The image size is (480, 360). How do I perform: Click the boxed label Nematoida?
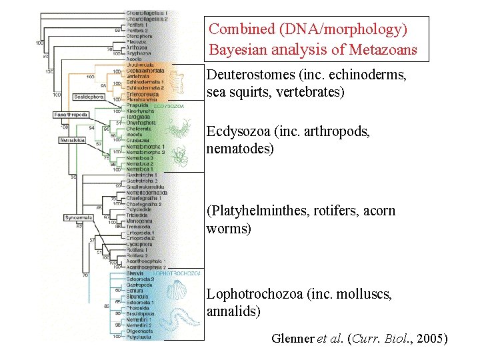[x=71, y=140]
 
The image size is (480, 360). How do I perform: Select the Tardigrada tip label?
[x=137, y=117]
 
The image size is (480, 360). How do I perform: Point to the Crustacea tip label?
[x=137, y=140]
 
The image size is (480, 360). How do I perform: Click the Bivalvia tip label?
[x=135, y=273]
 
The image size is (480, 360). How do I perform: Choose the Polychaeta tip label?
[x=137, y=337]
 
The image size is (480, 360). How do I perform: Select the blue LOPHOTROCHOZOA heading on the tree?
[x=175, y=273]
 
